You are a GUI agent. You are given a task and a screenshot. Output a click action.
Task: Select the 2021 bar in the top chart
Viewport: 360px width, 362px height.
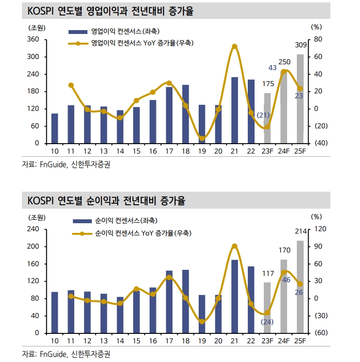[235, 111]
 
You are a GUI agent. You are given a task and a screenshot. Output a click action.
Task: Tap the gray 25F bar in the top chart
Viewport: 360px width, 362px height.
[300, 99]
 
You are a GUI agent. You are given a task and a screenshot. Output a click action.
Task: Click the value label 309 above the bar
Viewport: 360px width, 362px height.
[301, 46]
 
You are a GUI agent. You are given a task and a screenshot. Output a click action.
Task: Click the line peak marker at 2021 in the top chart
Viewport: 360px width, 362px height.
[235, 47]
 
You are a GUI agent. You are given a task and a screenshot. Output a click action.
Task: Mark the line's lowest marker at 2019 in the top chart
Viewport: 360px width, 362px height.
[202, 139]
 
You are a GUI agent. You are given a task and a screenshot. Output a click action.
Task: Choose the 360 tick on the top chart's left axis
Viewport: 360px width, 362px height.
[33, 39]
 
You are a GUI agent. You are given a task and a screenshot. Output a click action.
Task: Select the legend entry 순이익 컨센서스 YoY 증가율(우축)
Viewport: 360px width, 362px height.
[143, 233]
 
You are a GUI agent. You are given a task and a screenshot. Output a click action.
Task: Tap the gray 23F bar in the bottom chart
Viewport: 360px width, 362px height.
[267, 308]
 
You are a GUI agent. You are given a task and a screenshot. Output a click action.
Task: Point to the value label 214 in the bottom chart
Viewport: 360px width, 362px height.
[300, 231]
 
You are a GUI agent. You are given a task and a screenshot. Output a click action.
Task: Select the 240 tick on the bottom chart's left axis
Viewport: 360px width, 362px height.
[33, 229]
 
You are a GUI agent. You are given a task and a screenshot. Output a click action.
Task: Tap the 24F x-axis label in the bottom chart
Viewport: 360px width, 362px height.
[284, 341]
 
